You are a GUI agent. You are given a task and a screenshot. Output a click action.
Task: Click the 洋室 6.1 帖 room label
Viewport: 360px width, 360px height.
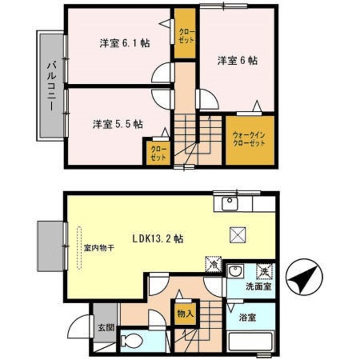pyautogui.click(x=125, y=43)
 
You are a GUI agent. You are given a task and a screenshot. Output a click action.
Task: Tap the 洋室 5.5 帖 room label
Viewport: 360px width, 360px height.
pyautogui.click(x=118, y=124)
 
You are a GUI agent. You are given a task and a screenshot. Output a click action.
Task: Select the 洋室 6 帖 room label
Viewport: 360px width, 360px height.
pyautogui.click(x=237, y=61)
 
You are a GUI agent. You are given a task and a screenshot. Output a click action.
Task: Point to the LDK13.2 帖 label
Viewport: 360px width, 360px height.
pyautogui.click(x=158, y=238)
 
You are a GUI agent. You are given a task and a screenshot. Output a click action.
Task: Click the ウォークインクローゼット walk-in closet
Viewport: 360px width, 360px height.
pyautogui.click(x=250, y=140)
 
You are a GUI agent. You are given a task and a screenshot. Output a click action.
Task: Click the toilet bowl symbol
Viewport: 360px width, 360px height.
pyautogui.click(x=131, y=341)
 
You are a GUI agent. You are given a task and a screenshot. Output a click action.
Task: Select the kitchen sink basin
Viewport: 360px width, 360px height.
pyautogui.click(x=229, y=204)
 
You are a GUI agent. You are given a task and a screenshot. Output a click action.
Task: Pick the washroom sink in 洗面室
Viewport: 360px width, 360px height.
pyautogui.click(x=235, y=271)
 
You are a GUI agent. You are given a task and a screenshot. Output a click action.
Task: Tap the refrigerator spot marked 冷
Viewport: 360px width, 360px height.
pyautogui.click(x=214, y=264)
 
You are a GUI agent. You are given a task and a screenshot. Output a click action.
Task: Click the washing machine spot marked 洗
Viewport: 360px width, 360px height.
pyautogui.click(x=264, y=272)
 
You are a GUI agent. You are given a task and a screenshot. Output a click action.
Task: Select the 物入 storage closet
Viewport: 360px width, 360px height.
pyautogui.click(x=185, y=313)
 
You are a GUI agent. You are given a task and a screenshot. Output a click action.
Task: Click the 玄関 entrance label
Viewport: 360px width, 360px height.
pyautogui.click(x=106, y=328)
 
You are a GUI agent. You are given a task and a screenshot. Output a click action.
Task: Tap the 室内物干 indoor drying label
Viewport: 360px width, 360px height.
pyautogui.click(x=99, y=247)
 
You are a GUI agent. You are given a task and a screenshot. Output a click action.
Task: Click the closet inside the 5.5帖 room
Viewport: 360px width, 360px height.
pyautogui.click(x=158, y=153)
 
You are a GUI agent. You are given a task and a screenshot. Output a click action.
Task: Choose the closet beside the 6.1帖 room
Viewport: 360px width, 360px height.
pyautogui.click(x=185, y=34)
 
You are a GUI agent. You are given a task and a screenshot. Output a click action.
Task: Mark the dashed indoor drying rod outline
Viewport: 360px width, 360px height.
pyautogui.click(x=79, y=248)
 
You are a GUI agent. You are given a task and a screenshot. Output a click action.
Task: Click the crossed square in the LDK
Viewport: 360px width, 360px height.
pyautogui.click(x=238, y=235)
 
